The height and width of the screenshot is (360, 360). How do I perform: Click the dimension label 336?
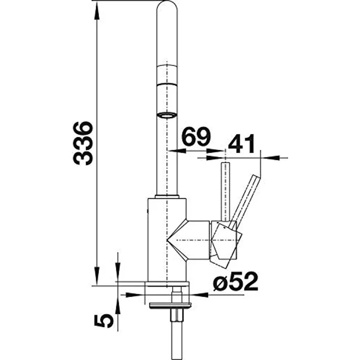[83, 143]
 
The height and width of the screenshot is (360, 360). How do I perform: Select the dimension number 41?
[242, 144]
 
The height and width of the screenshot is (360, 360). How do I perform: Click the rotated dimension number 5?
[104, 321]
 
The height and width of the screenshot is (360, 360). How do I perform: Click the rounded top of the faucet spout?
[167, 7]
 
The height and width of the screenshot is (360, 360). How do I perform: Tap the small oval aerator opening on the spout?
[167, 115]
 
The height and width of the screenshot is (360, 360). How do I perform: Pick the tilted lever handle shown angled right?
[246, 199]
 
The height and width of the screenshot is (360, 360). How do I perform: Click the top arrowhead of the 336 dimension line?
[97, 11]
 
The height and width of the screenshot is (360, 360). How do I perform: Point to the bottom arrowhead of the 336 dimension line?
[97, 276]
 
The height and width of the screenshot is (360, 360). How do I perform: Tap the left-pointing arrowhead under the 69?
[177, 151]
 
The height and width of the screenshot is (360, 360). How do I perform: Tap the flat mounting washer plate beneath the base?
[170, 306]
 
